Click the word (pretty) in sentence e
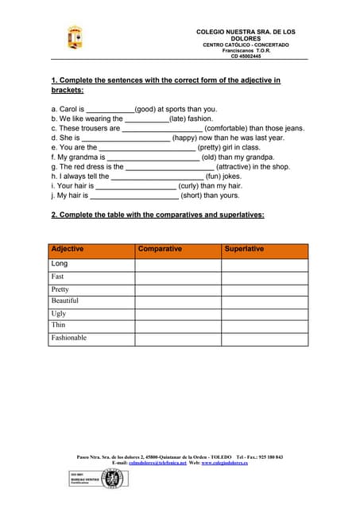pos(217,147)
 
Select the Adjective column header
pos(68,250)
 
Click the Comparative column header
pos(160,250)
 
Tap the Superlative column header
pos(244,250)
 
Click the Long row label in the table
pos(60,263)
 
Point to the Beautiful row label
pos(65,301)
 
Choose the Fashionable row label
pos(69,338)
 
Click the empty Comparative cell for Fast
pos(177,277)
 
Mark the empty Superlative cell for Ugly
pos(264,313)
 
